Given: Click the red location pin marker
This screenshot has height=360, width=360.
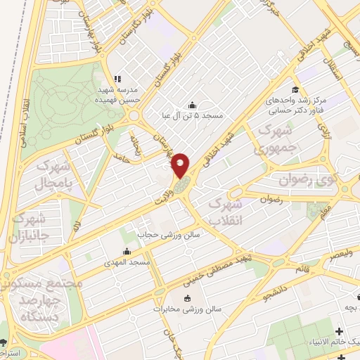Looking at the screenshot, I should coord(181,165).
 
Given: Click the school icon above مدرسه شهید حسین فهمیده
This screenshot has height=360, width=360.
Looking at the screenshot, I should coord(117,79).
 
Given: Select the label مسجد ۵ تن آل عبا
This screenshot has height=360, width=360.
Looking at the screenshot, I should coord(193,115).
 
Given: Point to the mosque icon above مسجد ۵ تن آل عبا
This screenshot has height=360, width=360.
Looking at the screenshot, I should coord(193,105).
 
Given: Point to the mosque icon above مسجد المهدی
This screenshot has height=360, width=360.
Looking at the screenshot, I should coord(127,252).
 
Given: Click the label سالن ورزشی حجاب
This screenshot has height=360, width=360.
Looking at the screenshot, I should coord(168,233).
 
